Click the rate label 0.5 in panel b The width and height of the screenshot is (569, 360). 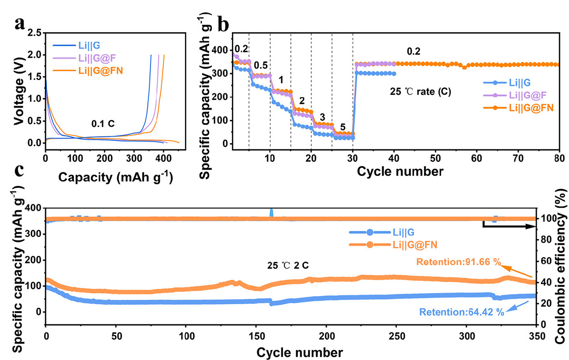point(260,65)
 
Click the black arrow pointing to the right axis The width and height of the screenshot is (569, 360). point(510,227)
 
